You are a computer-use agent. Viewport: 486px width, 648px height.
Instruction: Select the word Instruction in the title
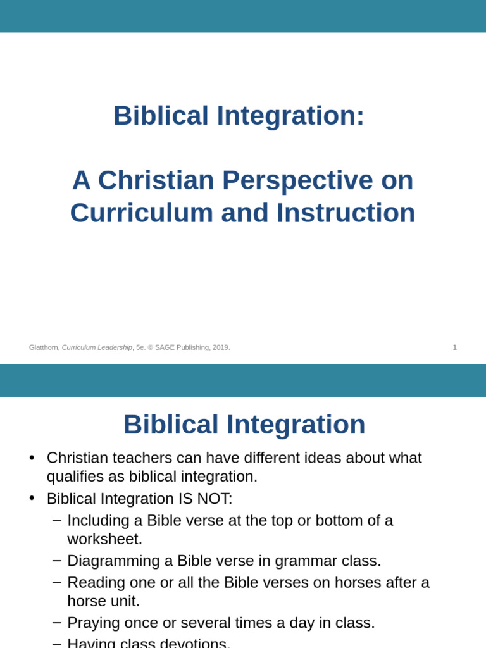click(x=346, y=213)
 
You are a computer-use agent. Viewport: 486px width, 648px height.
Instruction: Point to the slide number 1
click(x=454, y=347)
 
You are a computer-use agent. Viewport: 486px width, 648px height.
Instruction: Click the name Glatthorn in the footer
click(x=44, y=347)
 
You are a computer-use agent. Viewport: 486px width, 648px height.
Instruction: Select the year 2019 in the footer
click(x=221, y=347)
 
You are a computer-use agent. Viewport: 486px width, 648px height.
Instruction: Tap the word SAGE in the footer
click(x=166, y=347)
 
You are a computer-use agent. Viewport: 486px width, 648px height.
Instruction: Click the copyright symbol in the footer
click(x=151, y=347)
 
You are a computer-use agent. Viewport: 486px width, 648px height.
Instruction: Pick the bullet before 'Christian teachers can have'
click(x=32, y=458)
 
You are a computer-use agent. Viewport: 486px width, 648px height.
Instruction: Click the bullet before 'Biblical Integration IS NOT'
click(x=32, y=499)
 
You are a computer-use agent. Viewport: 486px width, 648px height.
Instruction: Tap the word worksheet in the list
click(x=104, y=539)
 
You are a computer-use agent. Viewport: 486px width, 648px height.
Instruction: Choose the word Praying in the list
click(x=92, y=623)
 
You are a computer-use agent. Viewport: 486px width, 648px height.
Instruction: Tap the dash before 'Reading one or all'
click(x=57, y=582)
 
